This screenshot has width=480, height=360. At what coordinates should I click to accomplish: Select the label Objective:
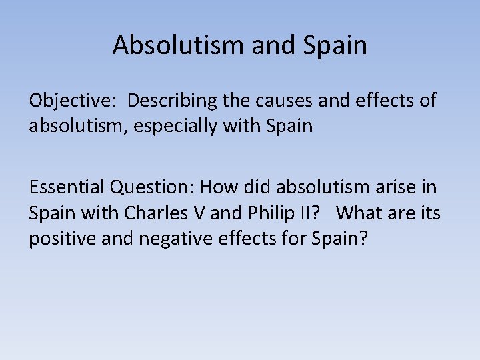click(x=71, y=101)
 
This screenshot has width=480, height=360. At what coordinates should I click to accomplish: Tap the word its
click(x=429, y=214)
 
